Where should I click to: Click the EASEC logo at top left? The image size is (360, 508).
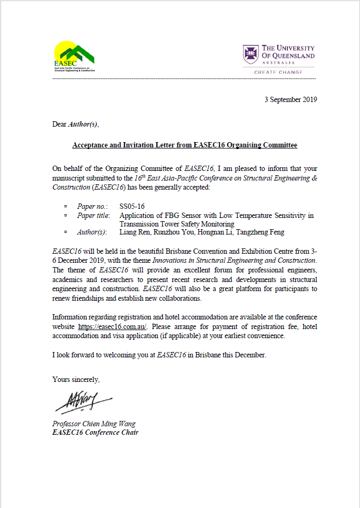coord(74,56)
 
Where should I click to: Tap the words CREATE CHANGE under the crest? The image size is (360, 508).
coord(278,72)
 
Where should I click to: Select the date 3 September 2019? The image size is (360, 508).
coord(291,99)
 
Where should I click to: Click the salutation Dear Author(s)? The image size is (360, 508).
coord(75,124)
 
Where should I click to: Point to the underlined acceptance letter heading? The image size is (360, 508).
coord(185,145)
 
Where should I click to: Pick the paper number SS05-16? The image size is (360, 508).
coord(132,206)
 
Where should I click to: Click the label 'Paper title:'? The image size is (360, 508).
coord(93,215)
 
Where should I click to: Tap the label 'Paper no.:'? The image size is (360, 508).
coord(92,206)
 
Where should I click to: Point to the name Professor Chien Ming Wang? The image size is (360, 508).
coord(94,424)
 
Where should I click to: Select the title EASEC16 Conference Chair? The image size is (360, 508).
coord(95,432)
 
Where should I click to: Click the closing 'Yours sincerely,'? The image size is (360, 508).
coord(76,379)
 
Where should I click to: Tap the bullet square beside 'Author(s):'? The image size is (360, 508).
coord(66,232)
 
